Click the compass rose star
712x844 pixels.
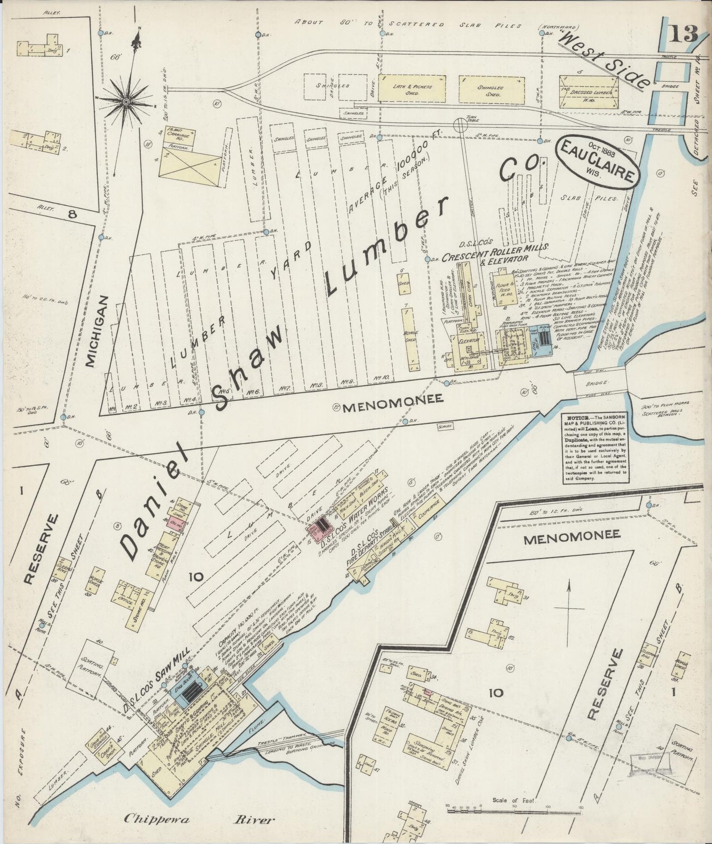click(x=127, y=101)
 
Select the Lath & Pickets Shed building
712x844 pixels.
click(x=412, y=89)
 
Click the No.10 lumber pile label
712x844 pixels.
click(x=382, y=379)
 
